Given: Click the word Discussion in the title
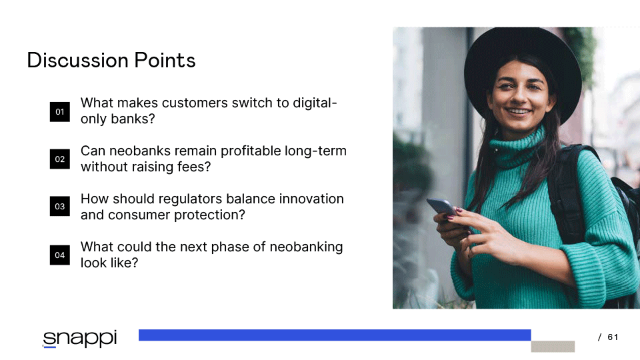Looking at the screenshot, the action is [78, 61].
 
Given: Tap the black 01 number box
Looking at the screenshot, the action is [59, 112].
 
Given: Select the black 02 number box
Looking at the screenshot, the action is [59, 159].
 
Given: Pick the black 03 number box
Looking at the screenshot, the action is [59, 207].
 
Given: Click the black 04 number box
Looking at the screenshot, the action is [59, 255].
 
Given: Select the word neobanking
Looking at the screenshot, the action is [306, 247].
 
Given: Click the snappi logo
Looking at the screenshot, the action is [80, 339].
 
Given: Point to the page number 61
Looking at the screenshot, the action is [613, 337].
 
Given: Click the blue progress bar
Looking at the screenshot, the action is [335, 335].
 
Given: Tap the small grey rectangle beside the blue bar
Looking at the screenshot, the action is [553, 347].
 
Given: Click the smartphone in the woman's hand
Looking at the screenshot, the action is [442, 207].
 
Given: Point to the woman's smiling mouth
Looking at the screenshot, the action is [519, 111].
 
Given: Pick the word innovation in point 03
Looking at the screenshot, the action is [311, 199].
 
